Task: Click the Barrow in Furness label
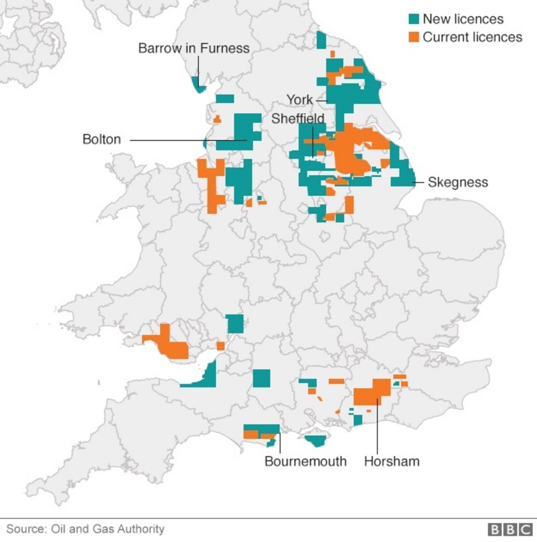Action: [193, 48]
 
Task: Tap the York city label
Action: [299, 100]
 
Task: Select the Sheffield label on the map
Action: [298, 119]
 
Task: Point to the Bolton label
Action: [102, 140]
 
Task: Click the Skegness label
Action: [458, 182]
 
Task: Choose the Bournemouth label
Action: [305, 461]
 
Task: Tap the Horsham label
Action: [391, 461]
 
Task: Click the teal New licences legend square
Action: [414, 19]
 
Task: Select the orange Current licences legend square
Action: [414, 37]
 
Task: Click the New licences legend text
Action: [463, 19]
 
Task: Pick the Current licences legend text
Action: [472, 37]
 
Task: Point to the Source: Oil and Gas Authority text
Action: [85, 529]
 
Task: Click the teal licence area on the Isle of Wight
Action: [316, 441]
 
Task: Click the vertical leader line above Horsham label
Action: [377, 429]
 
